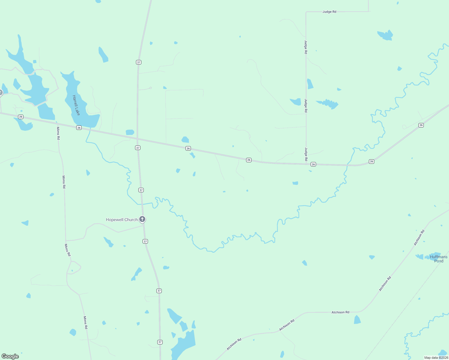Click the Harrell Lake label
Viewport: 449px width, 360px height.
pyautogui.click(x=76, y=105)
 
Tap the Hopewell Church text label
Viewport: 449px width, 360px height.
pyautogui.click(x=122, y=220)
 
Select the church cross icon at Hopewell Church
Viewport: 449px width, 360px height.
pyautogui.click(x=142, y=219)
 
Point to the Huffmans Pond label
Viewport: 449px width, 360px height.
pyautogui.click(x=438, y=259)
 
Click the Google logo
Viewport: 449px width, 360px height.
pyautogui.click(x=10, y=356)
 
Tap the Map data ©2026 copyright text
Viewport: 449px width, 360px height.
pyautogui.click(x=436, y=358)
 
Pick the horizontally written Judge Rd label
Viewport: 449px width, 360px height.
pyautogui.click(x=329, y=12)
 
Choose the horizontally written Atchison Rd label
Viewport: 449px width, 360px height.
pyautogui.click(x=340, y=312)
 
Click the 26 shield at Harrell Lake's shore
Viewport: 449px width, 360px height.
pyautogui.click(x=79, y=127)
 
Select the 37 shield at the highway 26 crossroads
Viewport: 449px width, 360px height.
pyautogui.click(x=137, y=148)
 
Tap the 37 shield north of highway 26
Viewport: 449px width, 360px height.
pyautogui.click(x=138, y=62)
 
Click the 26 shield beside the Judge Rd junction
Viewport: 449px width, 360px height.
pyautogui.click(x=313, y=164)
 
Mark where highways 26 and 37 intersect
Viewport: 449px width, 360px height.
pyautogui.click(x=137, y=139)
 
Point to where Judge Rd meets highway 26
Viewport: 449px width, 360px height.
pyautogui.click(x=306, y=164)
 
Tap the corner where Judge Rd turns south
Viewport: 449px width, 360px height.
pyautogui.click(x=306, y=12)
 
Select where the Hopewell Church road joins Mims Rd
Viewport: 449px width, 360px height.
pyautogui.click(x=66, y=241)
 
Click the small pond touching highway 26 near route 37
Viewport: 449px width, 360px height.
pyautogui.click(x=130, y=132)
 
